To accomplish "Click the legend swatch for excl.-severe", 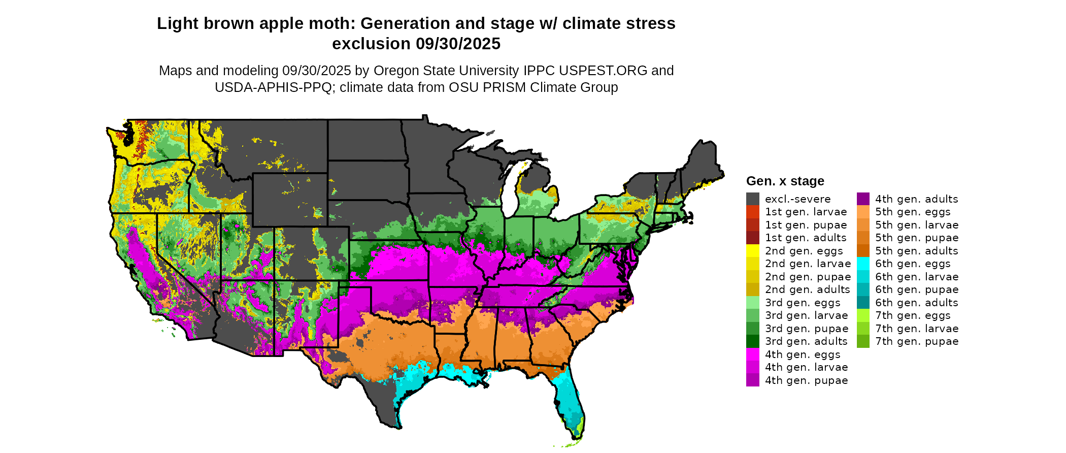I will coord(753,199).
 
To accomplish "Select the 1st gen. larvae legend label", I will coord(806,212).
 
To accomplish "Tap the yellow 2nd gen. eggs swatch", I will coord(753,251).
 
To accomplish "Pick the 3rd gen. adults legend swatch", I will coord(753,341).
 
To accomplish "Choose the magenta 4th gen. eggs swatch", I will coord(753,354).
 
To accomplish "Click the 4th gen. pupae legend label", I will coord(806,380).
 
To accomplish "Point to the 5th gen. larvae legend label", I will coord(917,225).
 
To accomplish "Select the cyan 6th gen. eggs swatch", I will coord(863,264).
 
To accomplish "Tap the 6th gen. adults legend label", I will coord(917,303).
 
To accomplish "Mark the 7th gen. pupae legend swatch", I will coord(863,341).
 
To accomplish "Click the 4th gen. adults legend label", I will coord(916,199).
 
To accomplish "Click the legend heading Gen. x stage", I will coord(785,181).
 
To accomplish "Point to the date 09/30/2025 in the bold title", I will coord(458,44).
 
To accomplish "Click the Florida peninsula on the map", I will coord(571,401).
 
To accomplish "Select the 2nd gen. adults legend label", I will coord(807,289).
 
